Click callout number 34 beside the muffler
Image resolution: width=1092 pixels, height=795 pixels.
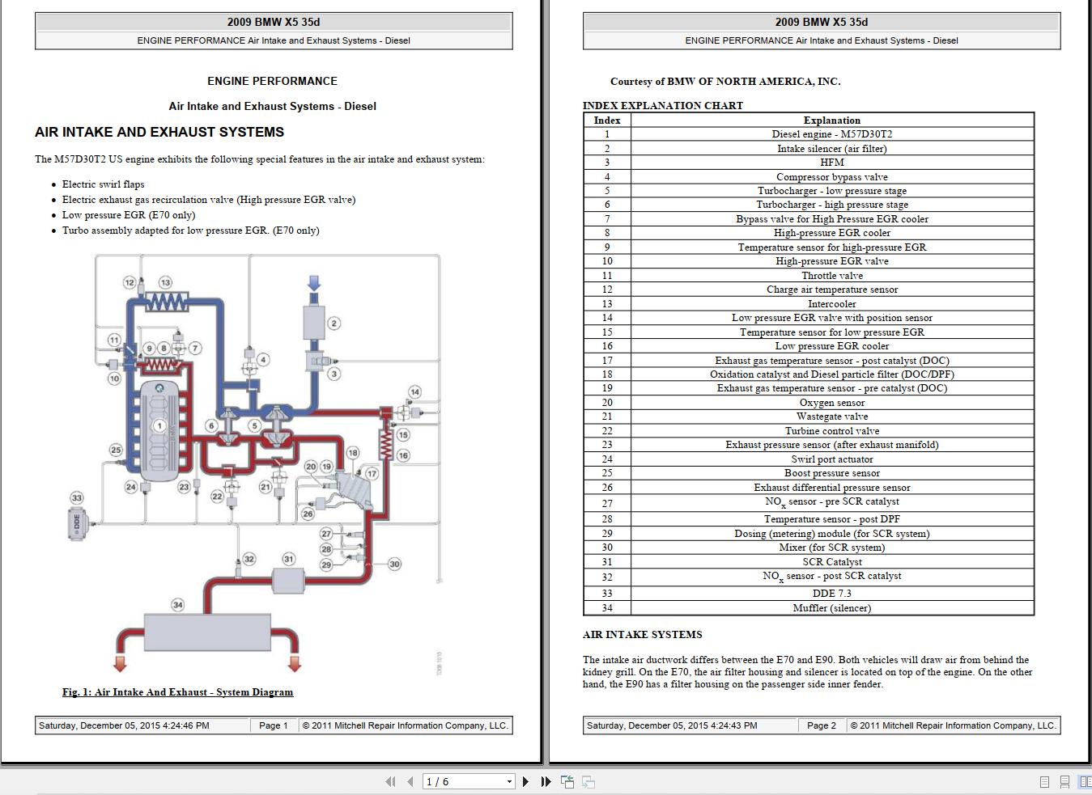tap(177, 605)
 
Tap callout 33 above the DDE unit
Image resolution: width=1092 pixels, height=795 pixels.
tap(77, 497)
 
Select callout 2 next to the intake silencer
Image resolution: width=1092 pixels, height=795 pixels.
tap(334, 323)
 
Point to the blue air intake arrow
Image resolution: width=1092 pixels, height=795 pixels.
tap(314, 283)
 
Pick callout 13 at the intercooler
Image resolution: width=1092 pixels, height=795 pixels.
tap(165, 282)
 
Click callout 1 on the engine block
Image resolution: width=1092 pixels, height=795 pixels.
tap(159, 425)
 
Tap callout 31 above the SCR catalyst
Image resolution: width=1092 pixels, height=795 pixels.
tap(288, 559)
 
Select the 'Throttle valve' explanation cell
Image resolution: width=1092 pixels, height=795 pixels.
tap(831, 276)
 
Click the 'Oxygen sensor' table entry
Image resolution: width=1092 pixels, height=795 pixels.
tap(831, 403)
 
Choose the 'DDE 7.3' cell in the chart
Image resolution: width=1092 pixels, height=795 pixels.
tap(831, 593)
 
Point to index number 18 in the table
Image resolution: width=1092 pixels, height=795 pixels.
tap(607, 374)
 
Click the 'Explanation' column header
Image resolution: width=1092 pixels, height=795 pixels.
tap(831, 121)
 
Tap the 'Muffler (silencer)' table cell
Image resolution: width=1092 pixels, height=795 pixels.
tap(831, 608)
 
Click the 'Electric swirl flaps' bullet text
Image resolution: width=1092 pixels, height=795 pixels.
tap(103, 184)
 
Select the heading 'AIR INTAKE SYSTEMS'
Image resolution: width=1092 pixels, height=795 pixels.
tap(642, 635)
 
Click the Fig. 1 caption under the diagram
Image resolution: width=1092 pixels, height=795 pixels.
tap(177, 692)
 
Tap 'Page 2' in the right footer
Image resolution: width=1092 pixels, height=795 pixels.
tap(822, 725)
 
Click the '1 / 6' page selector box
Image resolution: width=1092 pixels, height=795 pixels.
tap(468, 781)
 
